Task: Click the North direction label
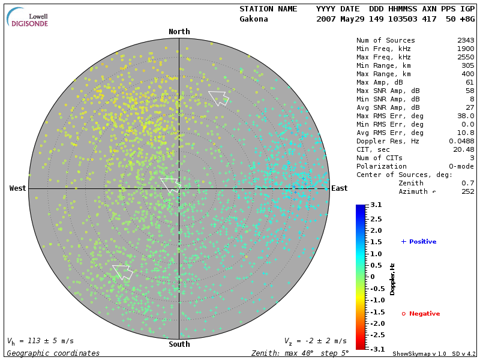point(179,32)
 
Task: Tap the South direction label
point(179,344)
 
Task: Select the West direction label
point(18,188)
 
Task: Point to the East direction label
point(340,188)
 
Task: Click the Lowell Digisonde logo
point(28,17)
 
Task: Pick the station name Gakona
point(254,19)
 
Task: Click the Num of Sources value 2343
point(465,40)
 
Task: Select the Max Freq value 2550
point(465,57)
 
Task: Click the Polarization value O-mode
point(461,166)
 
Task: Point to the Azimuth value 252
point(468,191)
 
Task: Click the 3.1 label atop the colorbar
point(376,205)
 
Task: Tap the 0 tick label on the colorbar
point(372,277)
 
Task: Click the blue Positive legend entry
point(419,241)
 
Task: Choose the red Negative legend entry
point(421,313)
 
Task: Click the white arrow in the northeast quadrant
point(218,97)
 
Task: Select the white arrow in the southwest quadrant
point(122,271)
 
